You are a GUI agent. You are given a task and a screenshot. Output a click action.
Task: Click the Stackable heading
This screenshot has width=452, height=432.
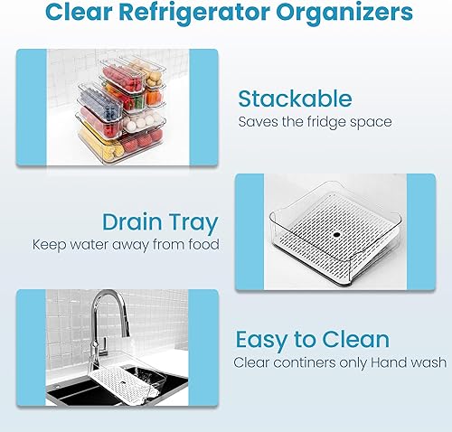[294, 99]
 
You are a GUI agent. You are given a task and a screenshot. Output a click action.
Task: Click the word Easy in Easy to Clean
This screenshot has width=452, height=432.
[265, 340]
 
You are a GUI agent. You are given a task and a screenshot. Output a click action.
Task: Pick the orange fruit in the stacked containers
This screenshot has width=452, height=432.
[155, 94]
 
